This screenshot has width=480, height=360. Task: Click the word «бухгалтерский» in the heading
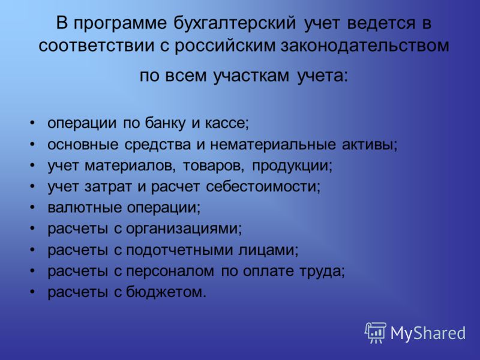point(235,24)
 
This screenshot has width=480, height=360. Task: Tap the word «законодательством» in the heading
point(365,46)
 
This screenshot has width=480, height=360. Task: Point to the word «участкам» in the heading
point(251,76)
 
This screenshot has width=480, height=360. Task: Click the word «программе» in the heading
point(120,24)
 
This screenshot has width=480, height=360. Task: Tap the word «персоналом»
point(170,271)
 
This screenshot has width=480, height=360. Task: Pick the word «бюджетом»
point(164,292)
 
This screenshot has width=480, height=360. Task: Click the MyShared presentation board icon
point(376,333)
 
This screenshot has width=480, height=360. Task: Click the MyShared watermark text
point(428,333)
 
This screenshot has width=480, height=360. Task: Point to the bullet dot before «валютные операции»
point(32,208)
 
